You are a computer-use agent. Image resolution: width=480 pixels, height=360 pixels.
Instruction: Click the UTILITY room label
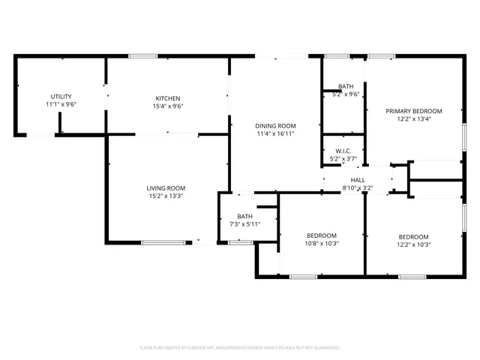click(61, 97)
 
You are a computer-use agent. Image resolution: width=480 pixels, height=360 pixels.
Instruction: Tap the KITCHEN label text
click(168, 98)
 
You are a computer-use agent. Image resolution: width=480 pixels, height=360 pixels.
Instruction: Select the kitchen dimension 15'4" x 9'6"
click(168, 106)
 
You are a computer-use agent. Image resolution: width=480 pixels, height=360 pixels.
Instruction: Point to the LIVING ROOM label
click(166, 187)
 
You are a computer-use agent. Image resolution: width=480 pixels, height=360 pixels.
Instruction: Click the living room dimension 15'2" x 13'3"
click(166, 196)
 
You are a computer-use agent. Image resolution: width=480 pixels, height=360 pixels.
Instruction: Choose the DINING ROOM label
click(276, 126)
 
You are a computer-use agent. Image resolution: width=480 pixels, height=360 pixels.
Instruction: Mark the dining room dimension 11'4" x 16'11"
click(276, 134)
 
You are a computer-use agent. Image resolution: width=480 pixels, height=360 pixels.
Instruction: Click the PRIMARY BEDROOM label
click(414, 111)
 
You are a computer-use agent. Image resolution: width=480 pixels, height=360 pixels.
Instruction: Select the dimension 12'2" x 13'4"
click(414, 118)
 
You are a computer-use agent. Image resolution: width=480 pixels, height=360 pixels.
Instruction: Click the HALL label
click(358, 180)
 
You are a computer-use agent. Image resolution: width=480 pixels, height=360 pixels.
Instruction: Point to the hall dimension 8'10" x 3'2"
click(358, 187)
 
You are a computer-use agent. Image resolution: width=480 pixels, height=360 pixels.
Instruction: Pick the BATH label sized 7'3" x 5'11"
click(245, 217)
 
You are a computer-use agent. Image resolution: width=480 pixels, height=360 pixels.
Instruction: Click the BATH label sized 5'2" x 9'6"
click(346, 86)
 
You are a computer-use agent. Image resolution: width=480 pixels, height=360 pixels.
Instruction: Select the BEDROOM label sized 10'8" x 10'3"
click(322, 235)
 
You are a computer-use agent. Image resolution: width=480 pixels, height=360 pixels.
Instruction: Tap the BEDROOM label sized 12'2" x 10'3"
click(414, 235)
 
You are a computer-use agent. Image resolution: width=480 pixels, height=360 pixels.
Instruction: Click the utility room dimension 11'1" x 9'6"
click(61, 104)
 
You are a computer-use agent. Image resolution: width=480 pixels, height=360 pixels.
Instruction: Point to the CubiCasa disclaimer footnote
click(240, 348)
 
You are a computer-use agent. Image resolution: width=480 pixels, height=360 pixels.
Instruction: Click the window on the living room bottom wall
click(163, 242)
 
